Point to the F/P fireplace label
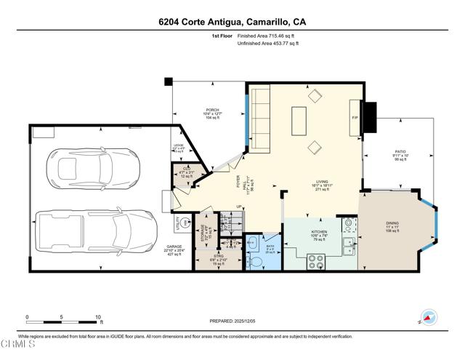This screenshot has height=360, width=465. [x=355, y=117]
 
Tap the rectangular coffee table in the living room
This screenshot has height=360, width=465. [x=299, y=121]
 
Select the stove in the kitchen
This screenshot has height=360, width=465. [x=316, y=261]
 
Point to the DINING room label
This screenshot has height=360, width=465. [x=393, y=223]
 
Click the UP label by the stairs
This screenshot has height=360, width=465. [x=240, y=207]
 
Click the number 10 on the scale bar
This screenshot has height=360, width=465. [x=98, y=317]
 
